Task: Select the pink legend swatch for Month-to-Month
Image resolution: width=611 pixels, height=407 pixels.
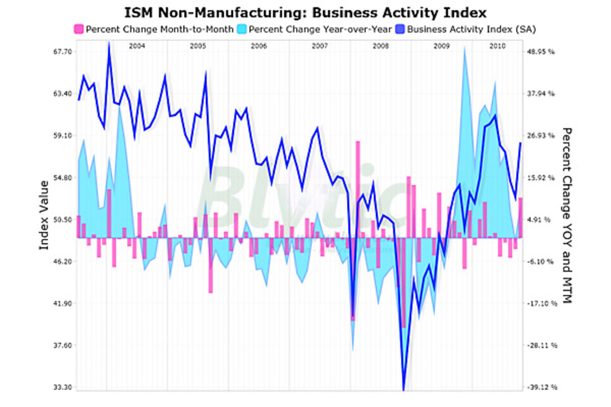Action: click(79, 29)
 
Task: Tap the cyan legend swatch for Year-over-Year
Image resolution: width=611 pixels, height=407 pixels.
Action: click(242, 29)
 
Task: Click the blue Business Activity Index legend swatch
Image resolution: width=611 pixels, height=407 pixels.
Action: click(400, 29)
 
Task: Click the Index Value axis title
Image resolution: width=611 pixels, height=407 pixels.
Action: click(44, 215)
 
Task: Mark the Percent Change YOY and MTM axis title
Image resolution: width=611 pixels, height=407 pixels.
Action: click(567, 215)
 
